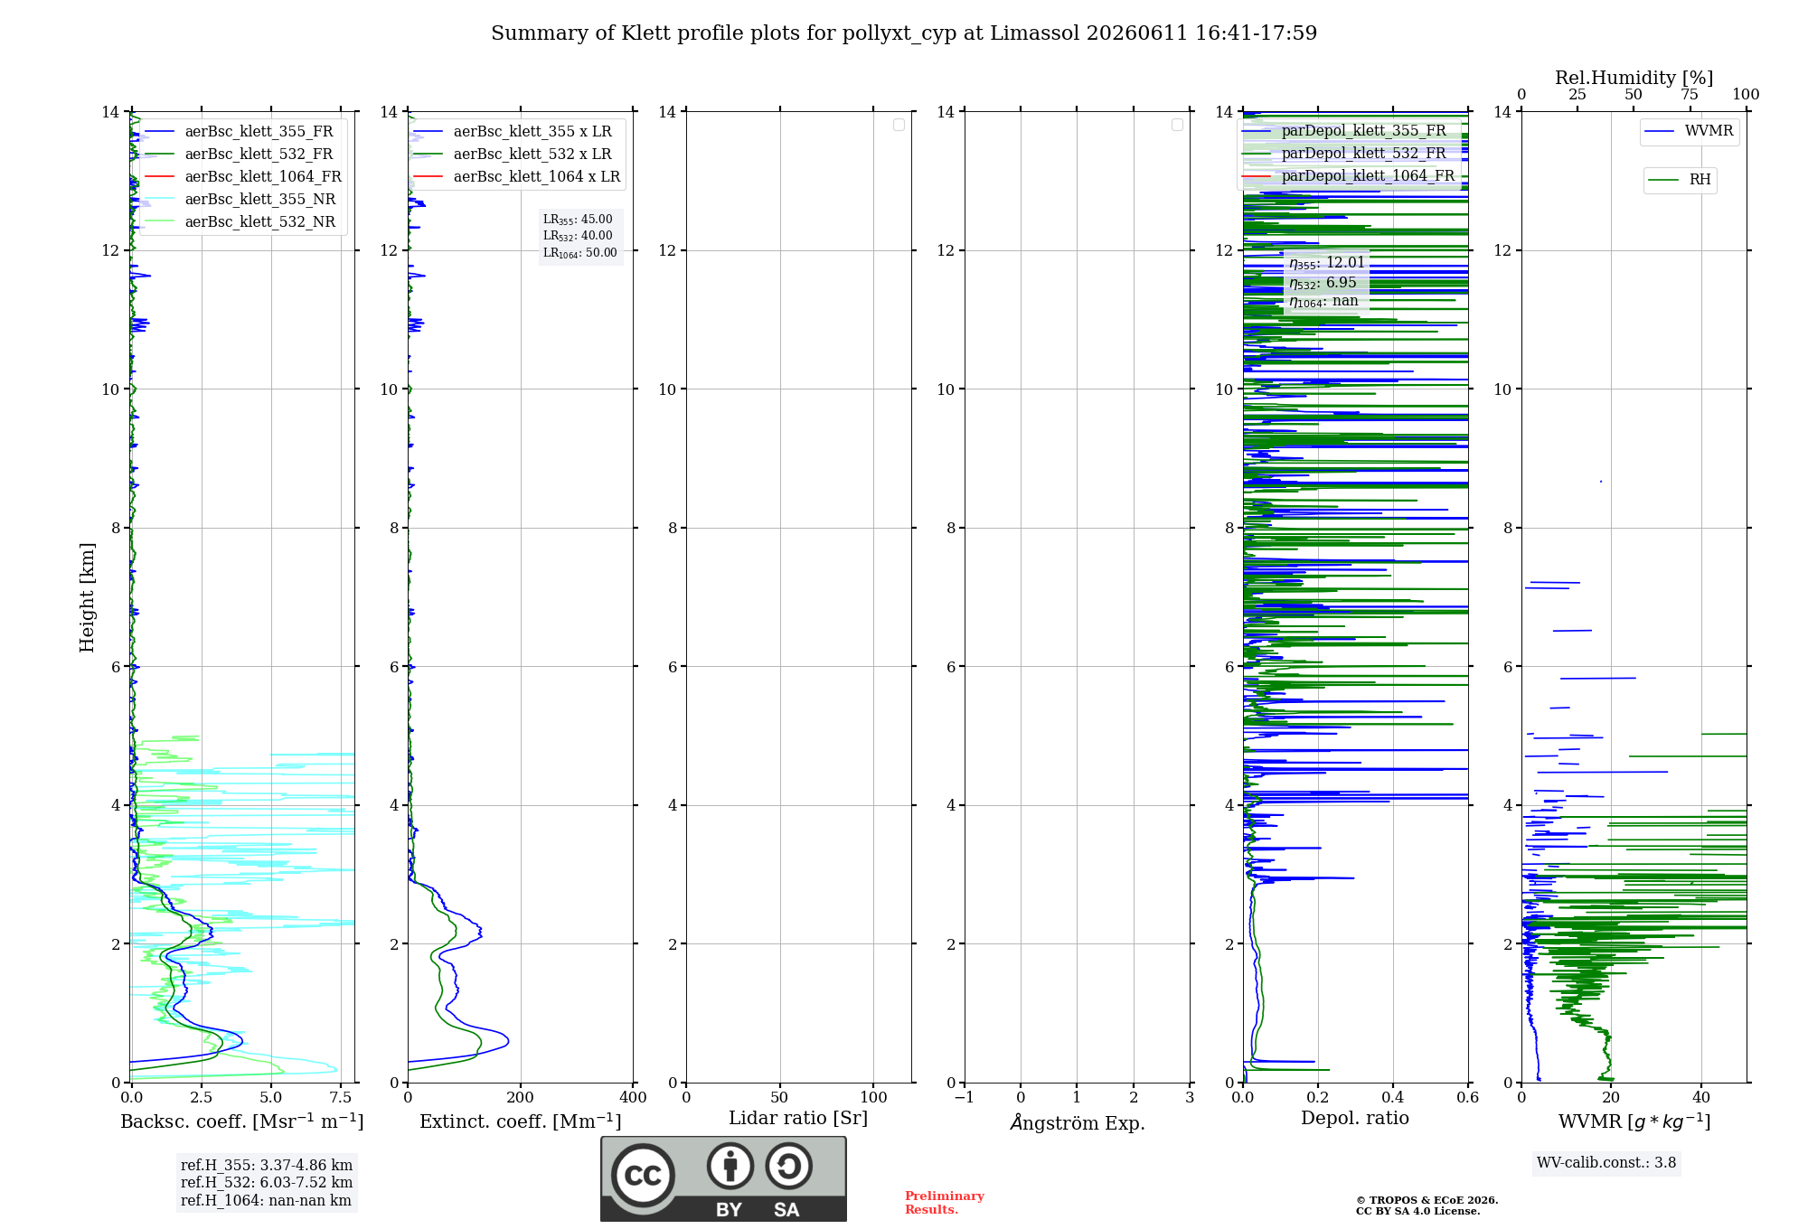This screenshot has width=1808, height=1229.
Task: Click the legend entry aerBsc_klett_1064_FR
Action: [x=243, y=176]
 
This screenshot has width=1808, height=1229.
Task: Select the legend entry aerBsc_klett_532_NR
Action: [x=240, y=221]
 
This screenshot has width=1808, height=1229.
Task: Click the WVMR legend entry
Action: [x=1689, y=131]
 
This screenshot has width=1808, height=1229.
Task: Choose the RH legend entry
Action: [x=1680, y=180]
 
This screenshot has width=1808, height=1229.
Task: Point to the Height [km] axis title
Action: [x=87, y=597]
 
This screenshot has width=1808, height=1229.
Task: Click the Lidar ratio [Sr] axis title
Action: [x=798, y=1119]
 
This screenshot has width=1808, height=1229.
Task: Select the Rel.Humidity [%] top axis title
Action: [x=1634, y=78]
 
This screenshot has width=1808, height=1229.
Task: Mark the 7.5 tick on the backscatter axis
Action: [x=341, y=1097]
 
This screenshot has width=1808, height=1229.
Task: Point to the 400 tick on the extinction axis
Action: [x=633, y=1097]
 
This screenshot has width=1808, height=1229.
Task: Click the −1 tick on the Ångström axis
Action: [x=965, y=1097]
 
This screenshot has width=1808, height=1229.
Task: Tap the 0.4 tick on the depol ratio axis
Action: [x=1393, y=1097]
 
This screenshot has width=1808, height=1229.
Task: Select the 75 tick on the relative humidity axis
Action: [x=1689, y=94]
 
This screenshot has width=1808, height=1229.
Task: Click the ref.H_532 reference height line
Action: [x=267, y=1183]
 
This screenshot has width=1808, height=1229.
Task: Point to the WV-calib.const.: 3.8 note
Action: [x=1606, y=1163]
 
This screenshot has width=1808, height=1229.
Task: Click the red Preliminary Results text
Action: [x=945, y=1203]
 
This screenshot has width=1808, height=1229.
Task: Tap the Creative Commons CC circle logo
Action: [x=643, y=1176]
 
